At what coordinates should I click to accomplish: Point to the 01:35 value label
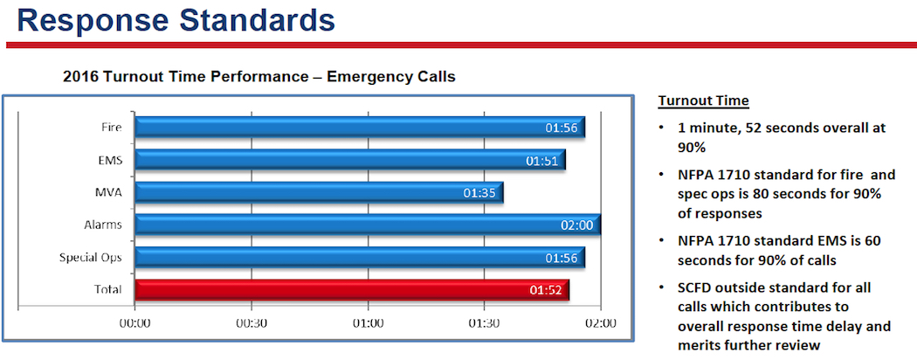[x=479, y=193]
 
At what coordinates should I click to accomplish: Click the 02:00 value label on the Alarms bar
[x=577, y=225]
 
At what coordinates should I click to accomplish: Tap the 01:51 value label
[x=542, y=161]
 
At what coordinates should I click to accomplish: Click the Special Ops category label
[x=90, y=258]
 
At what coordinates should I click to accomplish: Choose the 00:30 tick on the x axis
[x=252, y=322]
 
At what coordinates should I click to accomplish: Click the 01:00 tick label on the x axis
[x=368, y=322]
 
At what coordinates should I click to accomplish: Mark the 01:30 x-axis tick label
[x=484, y=322]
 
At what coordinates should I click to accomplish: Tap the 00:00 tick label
[x=135, y=322]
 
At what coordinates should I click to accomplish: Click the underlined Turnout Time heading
[x=703, y=100]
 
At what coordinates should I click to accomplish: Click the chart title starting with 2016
[x=259, y=77]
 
